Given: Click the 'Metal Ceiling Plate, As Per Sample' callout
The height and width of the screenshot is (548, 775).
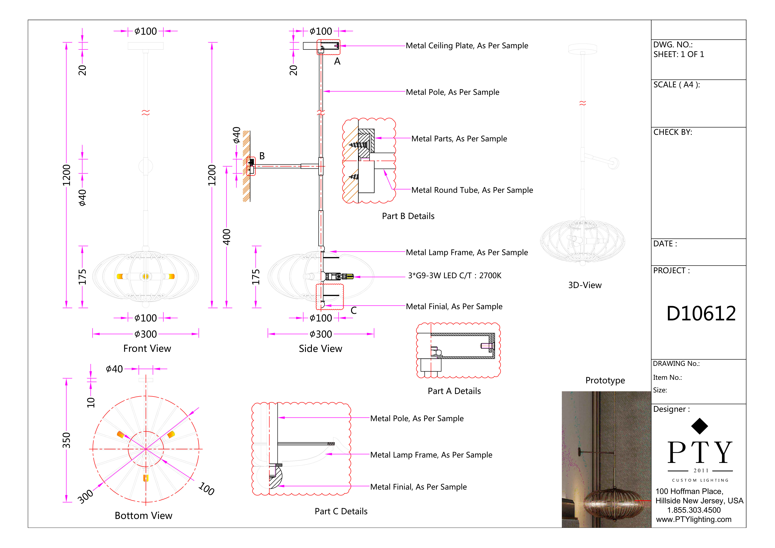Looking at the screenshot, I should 467,46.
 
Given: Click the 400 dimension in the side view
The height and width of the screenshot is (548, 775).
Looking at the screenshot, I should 226,237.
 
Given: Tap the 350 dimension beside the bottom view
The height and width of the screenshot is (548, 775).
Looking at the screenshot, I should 67,440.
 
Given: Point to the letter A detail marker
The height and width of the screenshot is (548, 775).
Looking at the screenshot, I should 337,61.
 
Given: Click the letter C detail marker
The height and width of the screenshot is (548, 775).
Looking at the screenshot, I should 353,311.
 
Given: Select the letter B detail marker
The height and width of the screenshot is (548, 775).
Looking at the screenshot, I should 262,156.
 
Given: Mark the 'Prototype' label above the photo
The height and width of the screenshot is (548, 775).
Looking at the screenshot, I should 605,381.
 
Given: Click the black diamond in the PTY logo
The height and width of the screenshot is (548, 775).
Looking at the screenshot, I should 699,426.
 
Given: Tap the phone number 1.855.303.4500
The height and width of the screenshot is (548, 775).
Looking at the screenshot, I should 694,510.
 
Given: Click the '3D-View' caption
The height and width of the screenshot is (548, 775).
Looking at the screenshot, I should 585,285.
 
